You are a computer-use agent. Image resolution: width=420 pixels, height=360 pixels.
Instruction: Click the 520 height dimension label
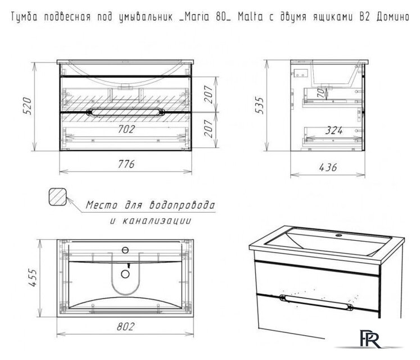(28, 106)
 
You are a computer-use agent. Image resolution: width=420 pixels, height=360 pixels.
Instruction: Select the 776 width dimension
(126, 164)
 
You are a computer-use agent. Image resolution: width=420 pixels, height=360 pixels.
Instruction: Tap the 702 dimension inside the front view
(127, 129)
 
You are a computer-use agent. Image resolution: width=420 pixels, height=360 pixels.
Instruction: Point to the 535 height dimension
(259, 105)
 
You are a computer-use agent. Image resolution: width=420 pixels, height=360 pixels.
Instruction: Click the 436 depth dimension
(328, 168)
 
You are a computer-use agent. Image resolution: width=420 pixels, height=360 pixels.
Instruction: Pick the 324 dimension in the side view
(334, 130)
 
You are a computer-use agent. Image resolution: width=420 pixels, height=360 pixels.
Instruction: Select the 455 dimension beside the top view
(33, 277)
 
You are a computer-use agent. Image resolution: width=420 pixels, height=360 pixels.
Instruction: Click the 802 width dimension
(125, 326)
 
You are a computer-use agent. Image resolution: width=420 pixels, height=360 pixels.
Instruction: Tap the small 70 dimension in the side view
(320, 93)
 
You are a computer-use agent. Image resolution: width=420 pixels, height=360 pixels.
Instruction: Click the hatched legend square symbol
(57, 197)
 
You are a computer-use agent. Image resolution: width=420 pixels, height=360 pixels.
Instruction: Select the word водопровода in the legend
(182, 205)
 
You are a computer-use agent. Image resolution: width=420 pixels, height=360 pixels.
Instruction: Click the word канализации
(157, 221)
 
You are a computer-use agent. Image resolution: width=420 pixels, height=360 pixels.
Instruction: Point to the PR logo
(370, 339)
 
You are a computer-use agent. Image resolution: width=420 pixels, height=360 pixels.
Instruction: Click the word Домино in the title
(392, 17)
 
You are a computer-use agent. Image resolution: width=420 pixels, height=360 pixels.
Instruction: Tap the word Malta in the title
(250, 17)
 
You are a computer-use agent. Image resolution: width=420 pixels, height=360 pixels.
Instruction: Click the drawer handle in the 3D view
(316, 303)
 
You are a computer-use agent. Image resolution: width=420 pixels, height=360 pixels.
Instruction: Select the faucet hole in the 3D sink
(339, 236)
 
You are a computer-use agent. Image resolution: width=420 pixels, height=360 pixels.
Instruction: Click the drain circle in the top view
(125, 274)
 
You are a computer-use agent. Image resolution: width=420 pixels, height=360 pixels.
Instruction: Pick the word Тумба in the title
(23, 17)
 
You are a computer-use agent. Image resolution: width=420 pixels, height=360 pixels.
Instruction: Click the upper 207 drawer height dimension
(209, 94)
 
